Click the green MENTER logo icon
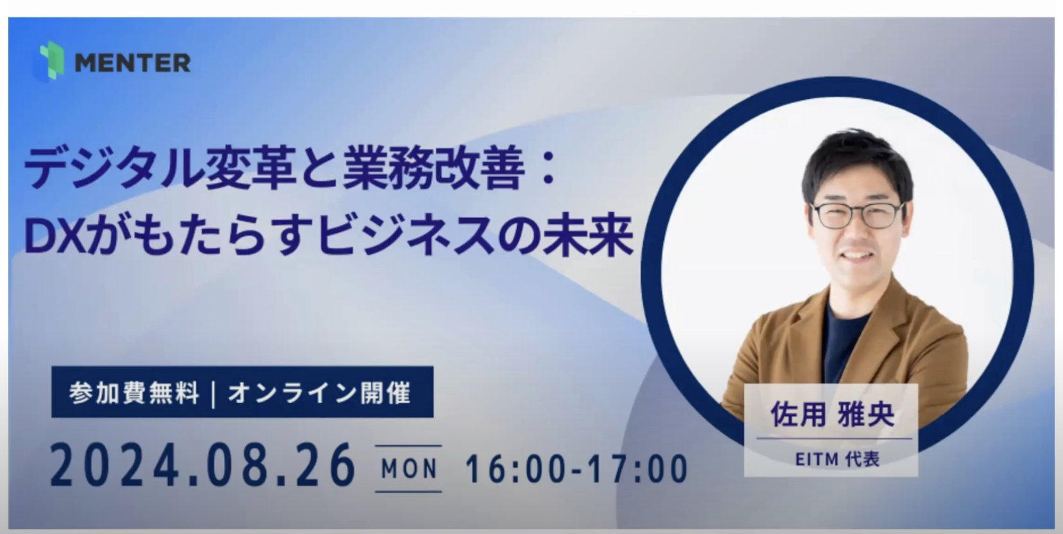point(49,62)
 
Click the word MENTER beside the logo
point(133,63)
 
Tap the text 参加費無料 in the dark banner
point(134,393)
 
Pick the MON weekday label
point(409,469)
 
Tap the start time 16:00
point(515,469)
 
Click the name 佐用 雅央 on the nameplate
point(832,415)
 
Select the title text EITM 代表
point(837,459)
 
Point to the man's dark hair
point(856,161)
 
